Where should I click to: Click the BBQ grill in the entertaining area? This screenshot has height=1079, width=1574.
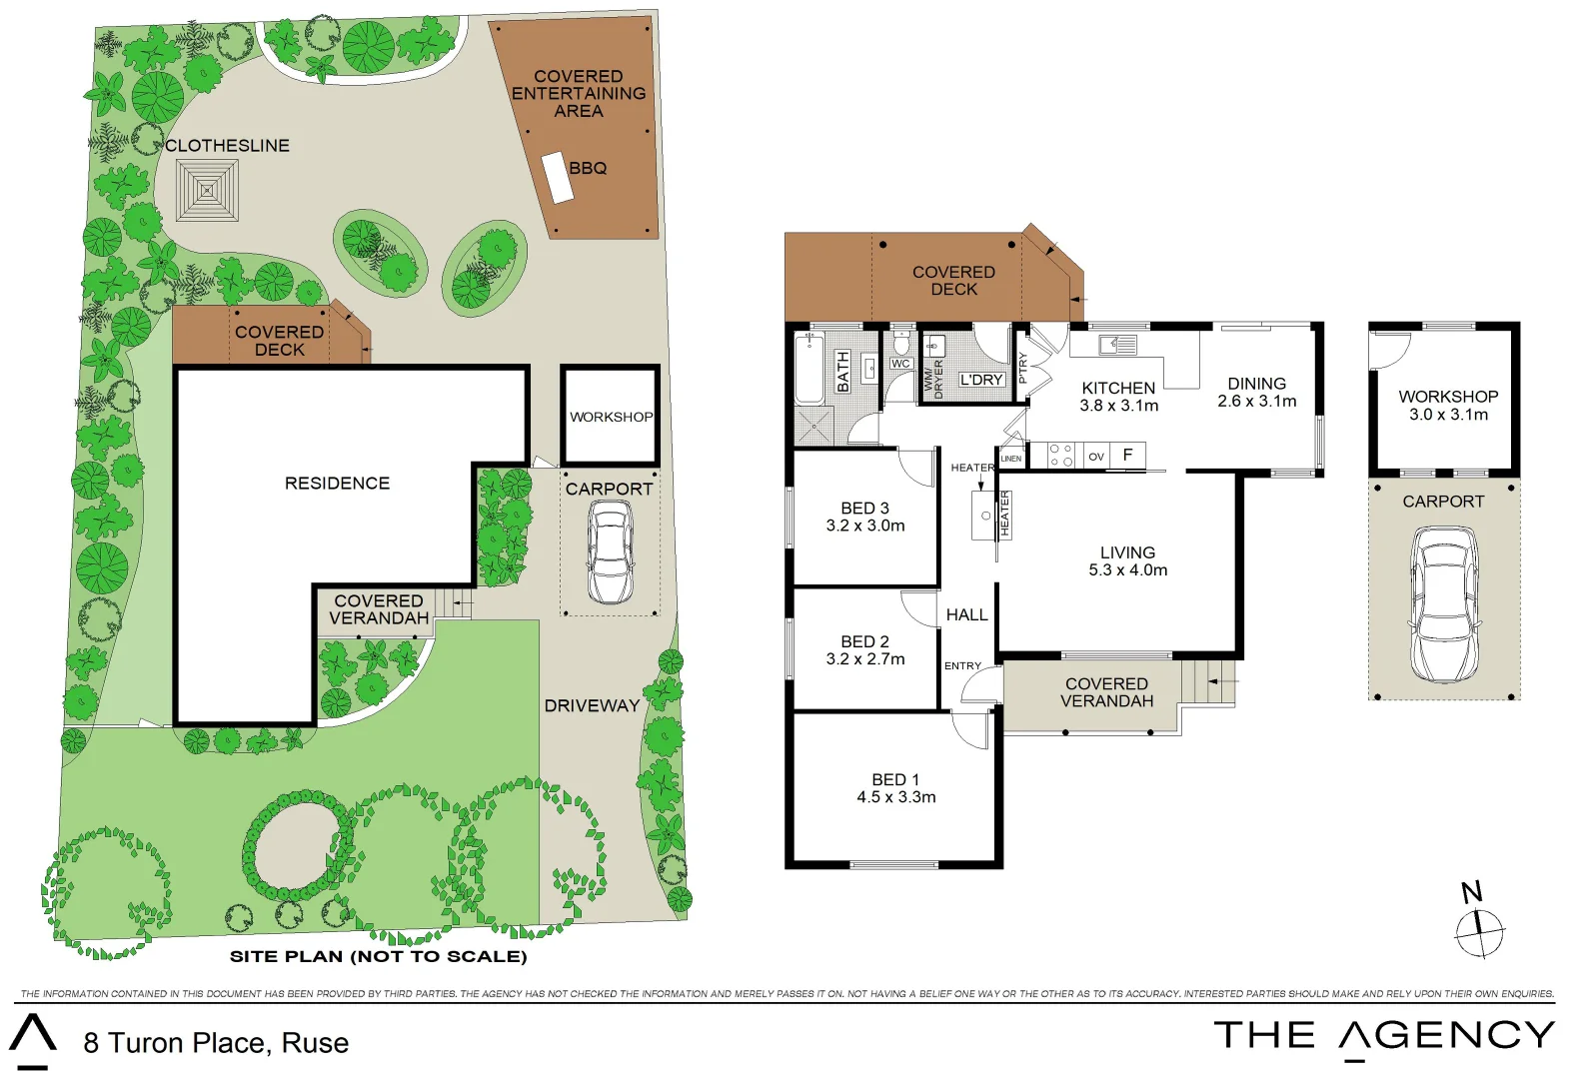click(558, 178)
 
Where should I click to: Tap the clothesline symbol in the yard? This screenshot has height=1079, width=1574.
click(207, 191)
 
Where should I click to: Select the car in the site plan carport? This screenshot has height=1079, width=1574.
click(610, 552)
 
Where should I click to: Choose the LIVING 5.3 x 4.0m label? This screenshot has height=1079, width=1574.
click(1128, 561)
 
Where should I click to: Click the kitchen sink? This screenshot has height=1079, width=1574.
click(1118, 345)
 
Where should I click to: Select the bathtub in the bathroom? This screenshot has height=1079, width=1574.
click(809, 369)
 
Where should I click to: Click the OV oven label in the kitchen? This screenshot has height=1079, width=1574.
click(1096, 457)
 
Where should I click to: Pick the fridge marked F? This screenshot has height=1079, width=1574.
click(1128, 456)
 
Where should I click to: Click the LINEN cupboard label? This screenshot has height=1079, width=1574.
click(1010, 459)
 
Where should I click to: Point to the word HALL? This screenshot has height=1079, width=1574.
click(967, 614)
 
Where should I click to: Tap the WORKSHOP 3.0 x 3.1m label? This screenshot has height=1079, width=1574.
click(1448, 406)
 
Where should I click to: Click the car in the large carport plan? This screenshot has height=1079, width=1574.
click(1444, 604)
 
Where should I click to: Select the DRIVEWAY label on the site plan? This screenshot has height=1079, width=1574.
click(592, 705)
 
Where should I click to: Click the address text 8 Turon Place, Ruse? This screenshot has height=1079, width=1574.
click(216, 1043)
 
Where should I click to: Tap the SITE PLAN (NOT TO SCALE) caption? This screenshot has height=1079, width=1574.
click(379, 956)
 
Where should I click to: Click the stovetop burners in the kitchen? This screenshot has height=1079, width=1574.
click(1060, 456)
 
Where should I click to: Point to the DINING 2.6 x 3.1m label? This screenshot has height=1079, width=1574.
click(1256, 392)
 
